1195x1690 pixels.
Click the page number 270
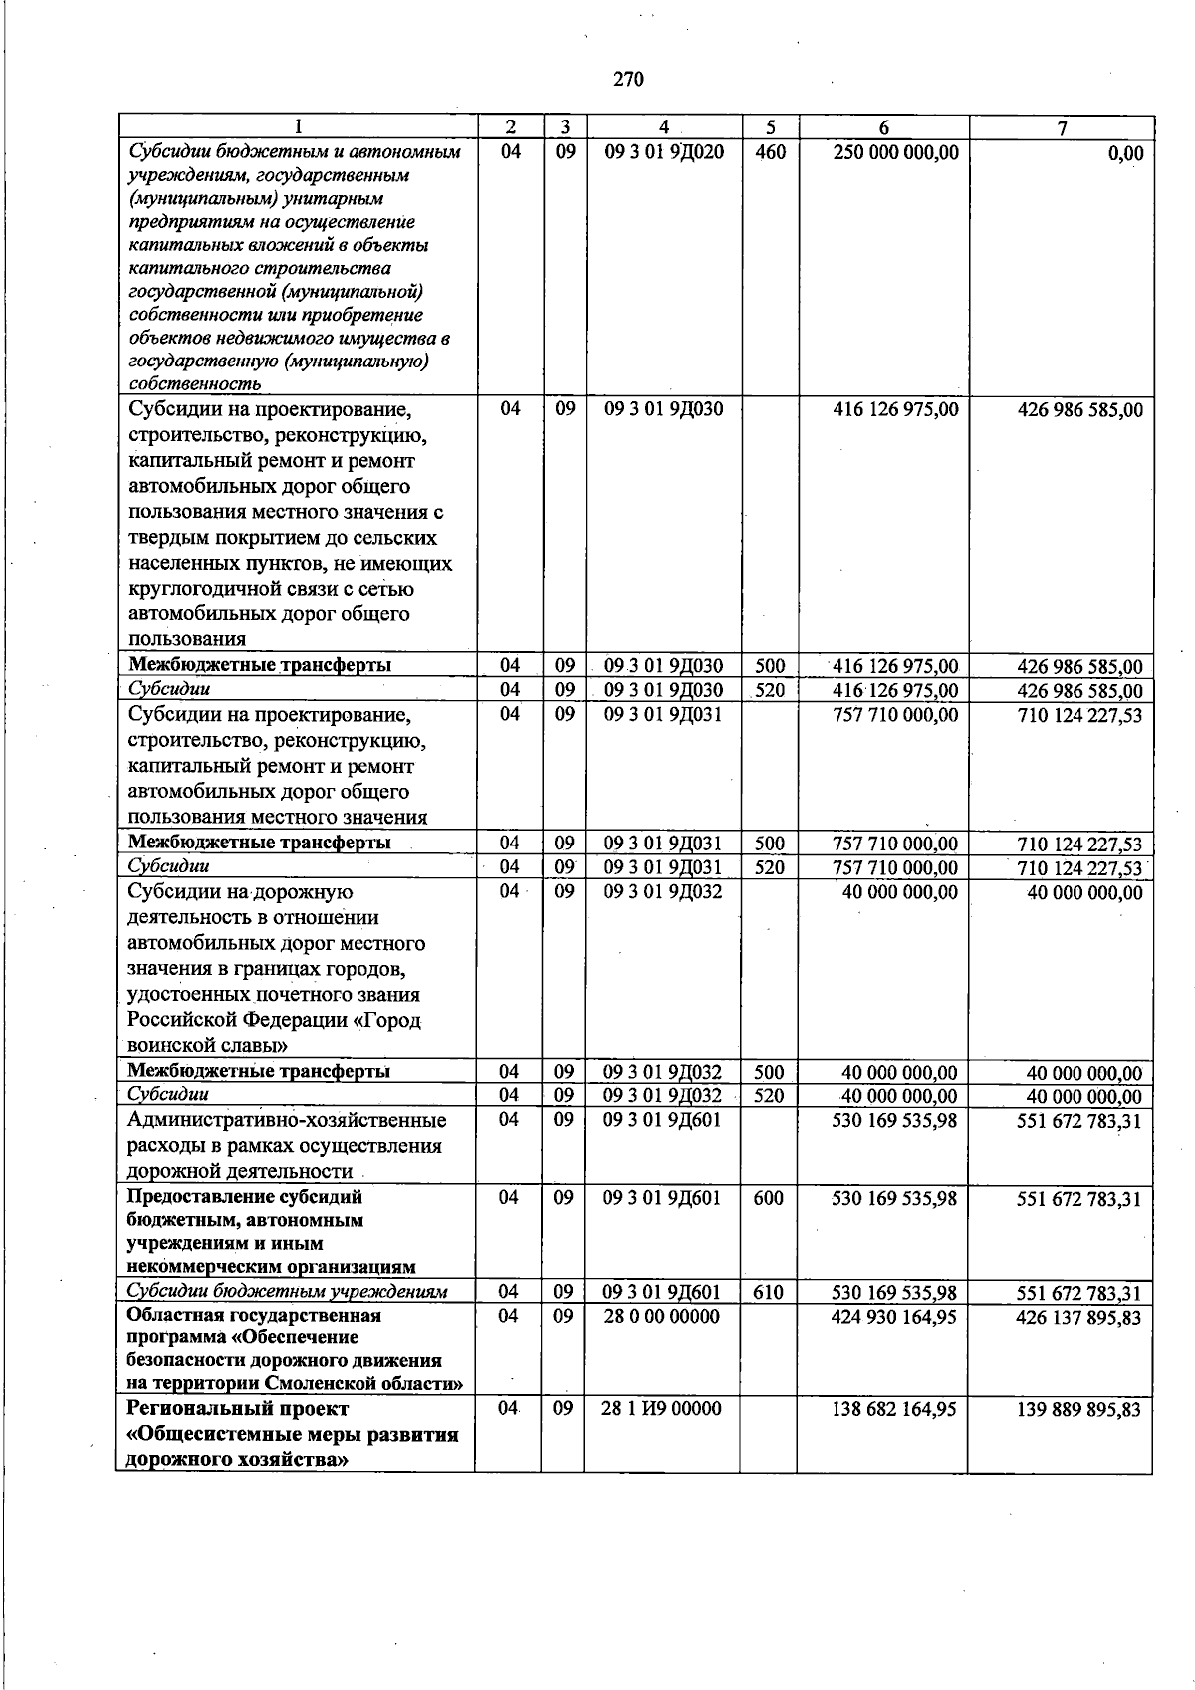tap(628, 80)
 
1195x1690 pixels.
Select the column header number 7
tap(1062, 127)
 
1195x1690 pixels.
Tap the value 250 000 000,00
tap(895, 152)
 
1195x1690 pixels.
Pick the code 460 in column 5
tap(770, 152)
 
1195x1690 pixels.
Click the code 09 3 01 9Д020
tap(664, 152)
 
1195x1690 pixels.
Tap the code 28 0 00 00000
tap(661, 1316)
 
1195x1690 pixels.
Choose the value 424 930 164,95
tap(894, 1316)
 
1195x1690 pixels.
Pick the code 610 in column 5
tap(768, 1292)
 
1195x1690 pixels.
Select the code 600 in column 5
tap(768, 1198)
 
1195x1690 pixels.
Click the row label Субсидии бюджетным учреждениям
tap(288, 1292)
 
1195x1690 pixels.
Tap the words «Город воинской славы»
tap(274, 1033)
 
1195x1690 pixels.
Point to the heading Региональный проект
tap(238, 1409)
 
